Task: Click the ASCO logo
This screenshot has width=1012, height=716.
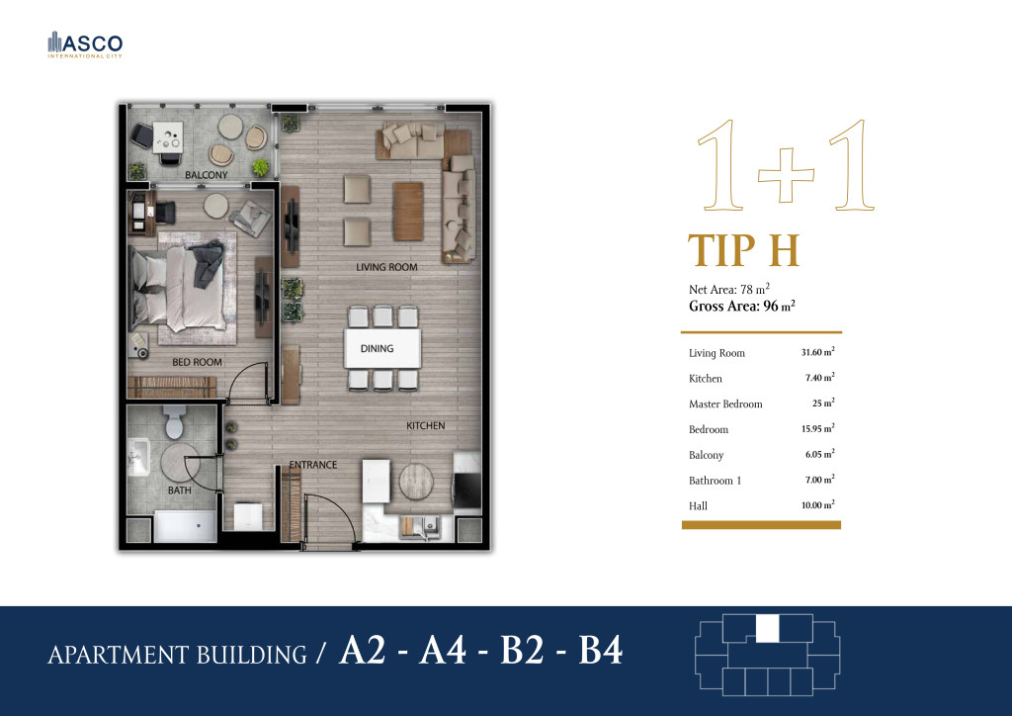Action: pos(85,45)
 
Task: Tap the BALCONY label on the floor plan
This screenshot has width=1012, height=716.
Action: pos(207,175)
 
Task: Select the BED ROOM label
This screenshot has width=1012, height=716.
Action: pos(197,362)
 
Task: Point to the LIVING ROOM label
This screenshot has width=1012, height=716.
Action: pos(386,267)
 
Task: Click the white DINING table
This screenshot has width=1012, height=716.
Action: pos(382,349)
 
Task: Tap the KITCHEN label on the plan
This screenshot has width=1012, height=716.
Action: pos(425,425)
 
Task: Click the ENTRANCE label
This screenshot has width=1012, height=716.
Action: pos(313,464)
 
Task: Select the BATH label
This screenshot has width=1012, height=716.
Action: pos(180,491)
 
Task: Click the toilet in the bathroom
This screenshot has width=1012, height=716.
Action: pos(174,421)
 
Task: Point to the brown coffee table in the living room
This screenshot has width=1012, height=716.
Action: pos(408,211)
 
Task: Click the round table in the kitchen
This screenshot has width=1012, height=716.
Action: pos(416,481)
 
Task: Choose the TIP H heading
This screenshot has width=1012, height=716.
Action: pos(743,250)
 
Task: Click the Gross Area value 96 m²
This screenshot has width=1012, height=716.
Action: pos(779,306)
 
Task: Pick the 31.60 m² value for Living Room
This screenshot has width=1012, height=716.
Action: pos(817,352)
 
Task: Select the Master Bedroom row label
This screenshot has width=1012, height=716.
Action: pos(725,404)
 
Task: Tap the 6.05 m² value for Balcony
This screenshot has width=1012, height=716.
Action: pos(819,454)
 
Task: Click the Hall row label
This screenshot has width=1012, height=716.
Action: pos(698,506)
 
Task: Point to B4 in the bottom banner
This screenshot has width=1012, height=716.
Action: pos(600,650)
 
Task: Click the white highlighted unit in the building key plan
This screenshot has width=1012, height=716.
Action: pos(767,628)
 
